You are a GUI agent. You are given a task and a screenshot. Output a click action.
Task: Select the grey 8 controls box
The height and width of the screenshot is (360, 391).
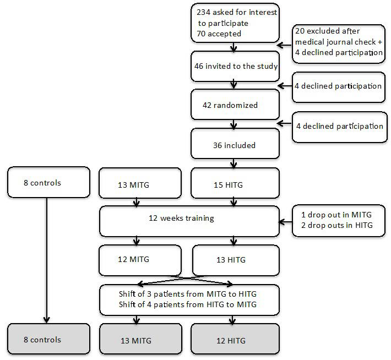point(48,340)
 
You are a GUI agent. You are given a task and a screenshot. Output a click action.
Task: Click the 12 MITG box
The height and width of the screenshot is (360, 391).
point(140,260)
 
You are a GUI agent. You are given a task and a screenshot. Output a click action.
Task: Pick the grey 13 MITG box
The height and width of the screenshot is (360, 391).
point(140,340)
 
